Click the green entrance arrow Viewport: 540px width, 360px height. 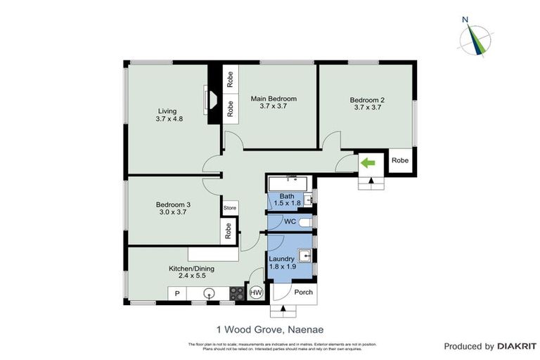point(367,163)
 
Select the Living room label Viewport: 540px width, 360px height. point(168,115)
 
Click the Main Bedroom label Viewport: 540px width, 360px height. point(274,103)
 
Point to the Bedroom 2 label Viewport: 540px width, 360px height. point(366,103)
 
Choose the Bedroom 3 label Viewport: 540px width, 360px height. point(173,209)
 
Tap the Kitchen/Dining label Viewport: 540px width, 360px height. point(186,272)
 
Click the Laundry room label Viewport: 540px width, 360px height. point(282,262)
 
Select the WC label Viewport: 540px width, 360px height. point(289,222)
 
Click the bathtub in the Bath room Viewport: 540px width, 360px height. point(288,184)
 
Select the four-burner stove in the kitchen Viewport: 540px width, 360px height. point(237,293)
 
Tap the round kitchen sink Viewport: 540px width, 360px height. point(208,293)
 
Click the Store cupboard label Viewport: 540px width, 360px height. point(230,208)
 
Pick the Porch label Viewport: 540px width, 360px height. point(303,292)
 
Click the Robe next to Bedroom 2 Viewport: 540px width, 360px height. point(400,160)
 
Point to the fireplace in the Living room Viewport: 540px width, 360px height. point(206,100)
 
